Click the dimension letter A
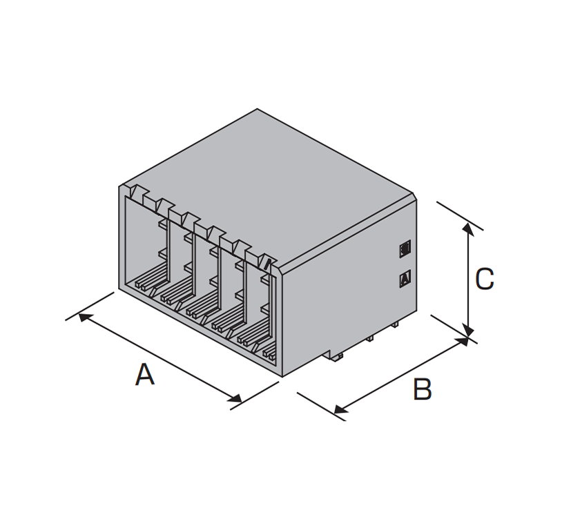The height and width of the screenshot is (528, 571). [145, 374]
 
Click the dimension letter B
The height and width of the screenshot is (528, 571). [422, 389]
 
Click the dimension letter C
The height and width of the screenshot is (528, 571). [484, 279]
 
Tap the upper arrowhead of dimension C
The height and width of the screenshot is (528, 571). [468, 228]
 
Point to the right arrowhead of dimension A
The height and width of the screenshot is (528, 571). [235, 398]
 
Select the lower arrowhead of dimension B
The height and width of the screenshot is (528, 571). [340, 409]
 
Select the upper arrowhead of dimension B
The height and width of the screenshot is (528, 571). [462, 341]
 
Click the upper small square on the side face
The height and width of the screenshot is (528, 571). [405, 248]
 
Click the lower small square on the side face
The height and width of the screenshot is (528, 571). [405, 279]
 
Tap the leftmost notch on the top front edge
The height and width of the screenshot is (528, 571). [137, 192]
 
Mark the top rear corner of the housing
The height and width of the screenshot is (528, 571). [257, 109]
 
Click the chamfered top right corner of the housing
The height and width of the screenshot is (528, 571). [415, 196]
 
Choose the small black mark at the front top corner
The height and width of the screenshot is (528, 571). [268, 264]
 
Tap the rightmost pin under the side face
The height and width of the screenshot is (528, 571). [394, 324]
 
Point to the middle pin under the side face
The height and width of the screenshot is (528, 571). [369, 338]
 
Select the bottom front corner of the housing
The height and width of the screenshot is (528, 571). [282, 377]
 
